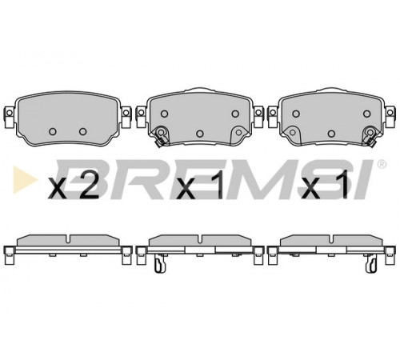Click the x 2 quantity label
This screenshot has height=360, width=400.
coord(73,186)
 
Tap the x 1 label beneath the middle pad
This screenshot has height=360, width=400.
coord(200,186)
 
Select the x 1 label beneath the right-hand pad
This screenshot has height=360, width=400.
coord(326,186)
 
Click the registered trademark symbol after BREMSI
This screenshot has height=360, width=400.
coord(382,164)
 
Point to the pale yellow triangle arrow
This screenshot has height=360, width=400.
coord(25,179)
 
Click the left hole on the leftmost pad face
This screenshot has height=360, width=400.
coord(53,131)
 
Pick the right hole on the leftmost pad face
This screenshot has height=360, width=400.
coord(83,131)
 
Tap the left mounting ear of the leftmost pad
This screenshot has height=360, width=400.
coord(10,116)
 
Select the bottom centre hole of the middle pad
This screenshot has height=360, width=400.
coord(200,134)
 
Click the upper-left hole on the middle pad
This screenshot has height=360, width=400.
coord(165,114)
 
